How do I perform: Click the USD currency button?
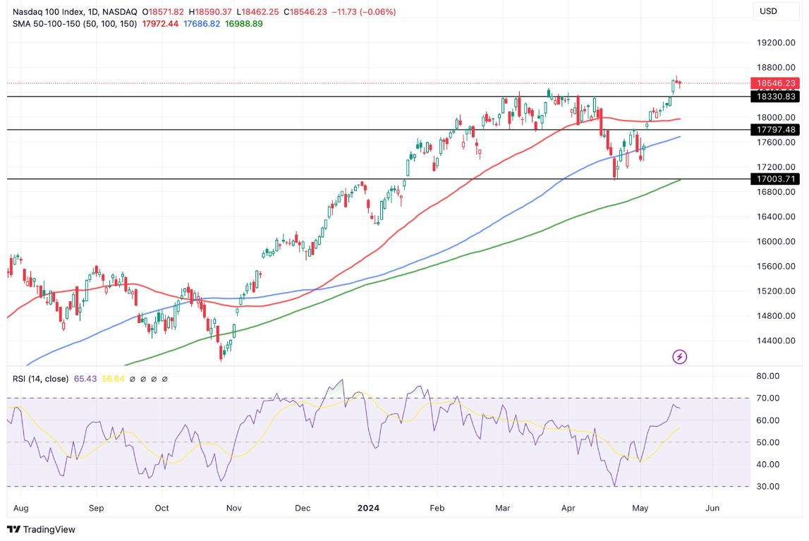pos(768,11)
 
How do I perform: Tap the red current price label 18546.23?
pos(775,83)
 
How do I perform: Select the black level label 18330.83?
pos(775,97)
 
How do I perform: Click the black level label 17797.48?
pos(775,130)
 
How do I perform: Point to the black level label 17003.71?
pos(775,179)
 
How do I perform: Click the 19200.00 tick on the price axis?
pos(775,43)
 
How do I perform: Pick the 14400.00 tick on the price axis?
pos(775,341)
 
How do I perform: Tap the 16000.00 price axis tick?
pos(775,241)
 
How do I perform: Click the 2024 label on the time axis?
pos(369,507)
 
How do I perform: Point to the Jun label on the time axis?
pos(712,507)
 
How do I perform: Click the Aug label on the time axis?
pos(20,507)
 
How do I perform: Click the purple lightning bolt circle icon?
pos(679,357)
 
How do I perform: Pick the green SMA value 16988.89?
pos(243,23)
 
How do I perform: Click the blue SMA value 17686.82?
pos(202,23)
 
